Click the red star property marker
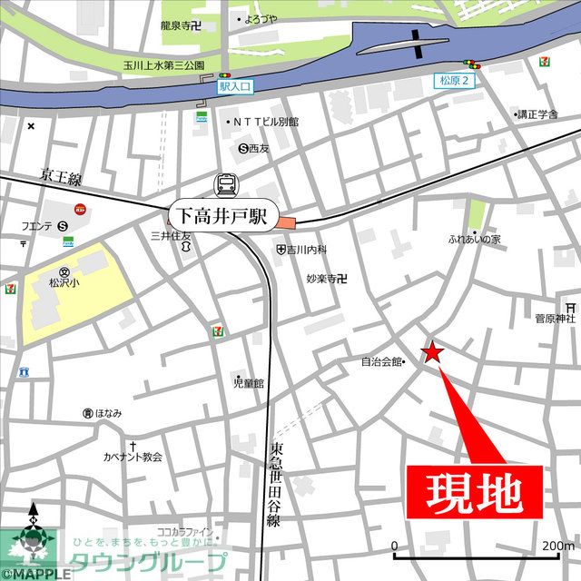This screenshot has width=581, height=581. (x=432, y=353)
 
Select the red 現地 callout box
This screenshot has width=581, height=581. (x=473, y=493)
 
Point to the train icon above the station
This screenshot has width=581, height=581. (x=224, y=185)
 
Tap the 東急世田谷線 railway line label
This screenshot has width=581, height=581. (x=275, y=486)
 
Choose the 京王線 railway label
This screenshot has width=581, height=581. (x=62, y=178)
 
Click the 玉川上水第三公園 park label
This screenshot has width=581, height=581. (x=164, y=66)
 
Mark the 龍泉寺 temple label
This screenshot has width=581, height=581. (x=179, y=27)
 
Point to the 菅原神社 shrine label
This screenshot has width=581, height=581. (x=554, y=319)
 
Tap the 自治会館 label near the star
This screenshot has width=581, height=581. (x=381, y=361)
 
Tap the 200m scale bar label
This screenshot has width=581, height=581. (x=556, y=546)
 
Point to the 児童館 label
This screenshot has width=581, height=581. (x=247, y=383)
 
